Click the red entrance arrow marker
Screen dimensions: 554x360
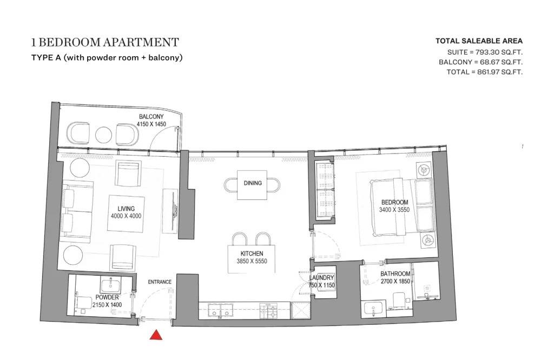click(156, 335)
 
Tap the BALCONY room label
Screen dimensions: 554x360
click(151, 116)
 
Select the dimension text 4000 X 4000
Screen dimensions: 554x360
click(126, 216)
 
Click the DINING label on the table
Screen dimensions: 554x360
click(253, 183)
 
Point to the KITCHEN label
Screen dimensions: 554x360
click(252, 254)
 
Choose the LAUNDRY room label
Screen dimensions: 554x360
click(322, 278)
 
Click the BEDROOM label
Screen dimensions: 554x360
click(394, 202)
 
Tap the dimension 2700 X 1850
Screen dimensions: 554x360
click(395, 281)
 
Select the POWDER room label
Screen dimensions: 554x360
click(107, 297)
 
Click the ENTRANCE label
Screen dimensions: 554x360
click(160, 282)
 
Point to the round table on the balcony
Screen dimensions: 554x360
click(103, 135)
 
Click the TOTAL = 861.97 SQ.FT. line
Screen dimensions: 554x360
click(484, 72)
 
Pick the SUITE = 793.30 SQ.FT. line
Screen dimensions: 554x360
click(485, 52)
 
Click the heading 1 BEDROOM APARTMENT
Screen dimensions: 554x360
click(105, 42)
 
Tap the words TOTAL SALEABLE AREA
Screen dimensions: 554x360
click(479, 41)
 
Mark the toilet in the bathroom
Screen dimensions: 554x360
click(400, 300)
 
